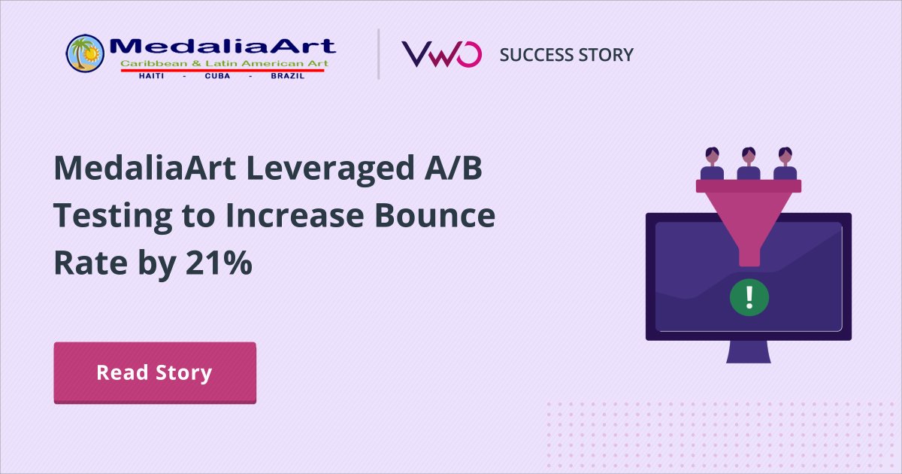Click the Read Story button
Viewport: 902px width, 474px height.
(155, 373)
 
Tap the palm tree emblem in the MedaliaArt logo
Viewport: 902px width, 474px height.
(85, 53)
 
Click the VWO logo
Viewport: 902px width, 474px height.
(441, 54)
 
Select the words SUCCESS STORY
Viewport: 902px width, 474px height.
(566, 55)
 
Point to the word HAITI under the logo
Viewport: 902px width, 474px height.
(151, 76)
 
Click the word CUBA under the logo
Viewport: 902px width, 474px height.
(217, 76)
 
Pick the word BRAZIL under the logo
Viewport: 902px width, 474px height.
(287, 76)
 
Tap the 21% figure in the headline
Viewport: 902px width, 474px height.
(219, 263)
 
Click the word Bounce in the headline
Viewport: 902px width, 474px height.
(435, 216)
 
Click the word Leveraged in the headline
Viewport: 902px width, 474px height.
(330, 170)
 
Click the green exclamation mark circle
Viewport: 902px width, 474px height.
(749, 297)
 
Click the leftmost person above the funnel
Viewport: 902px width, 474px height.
(712, 163)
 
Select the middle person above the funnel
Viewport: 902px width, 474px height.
(749, 163)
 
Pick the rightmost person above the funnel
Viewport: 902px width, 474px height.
(785, 163)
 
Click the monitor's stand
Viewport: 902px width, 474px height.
(749, 352)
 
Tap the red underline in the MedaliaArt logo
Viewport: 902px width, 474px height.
(222, 71)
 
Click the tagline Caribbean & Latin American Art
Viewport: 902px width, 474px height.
(224, 63)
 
